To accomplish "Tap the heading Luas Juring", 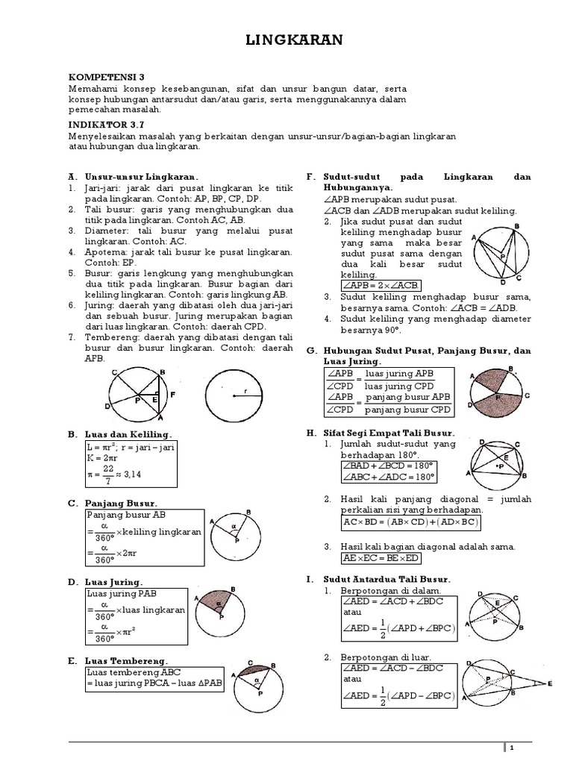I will pyautogui.click(x=116, y=581).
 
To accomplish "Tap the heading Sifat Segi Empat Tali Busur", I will pyautogui.click(x=389, y=432).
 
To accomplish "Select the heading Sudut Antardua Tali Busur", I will pyautogui.click(x=386, y=578).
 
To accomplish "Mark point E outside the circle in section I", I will pyautogui.click(x=550, y=683).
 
